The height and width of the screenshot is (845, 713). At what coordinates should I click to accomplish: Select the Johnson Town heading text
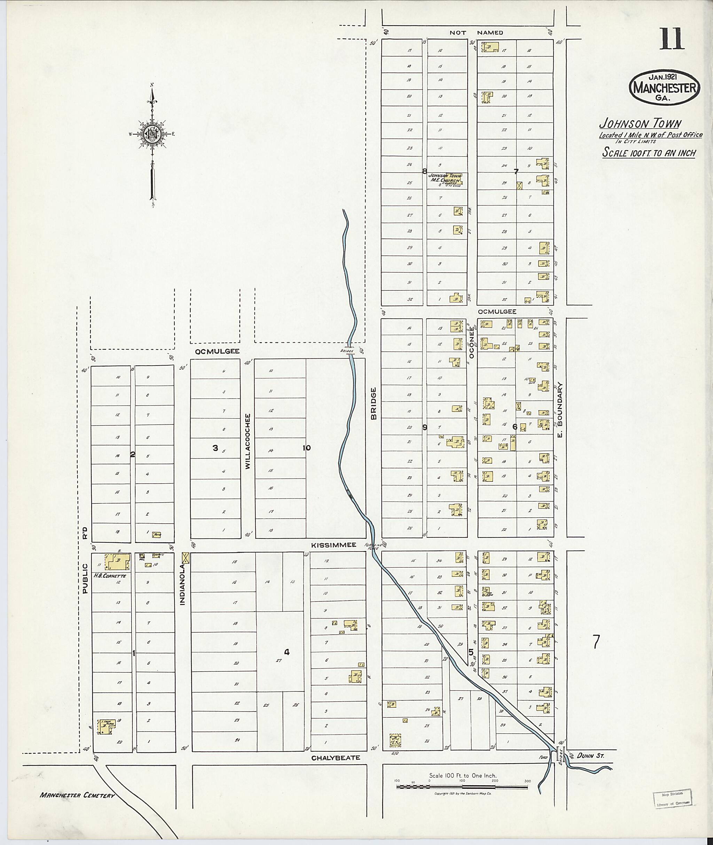click(640, 123)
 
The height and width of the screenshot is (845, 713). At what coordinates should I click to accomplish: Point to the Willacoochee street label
click(248, 441)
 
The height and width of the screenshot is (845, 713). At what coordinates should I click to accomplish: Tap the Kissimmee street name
click(334, 545)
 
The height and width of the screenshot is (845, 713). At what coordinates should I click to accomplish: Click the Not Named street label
click(476, 32)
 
